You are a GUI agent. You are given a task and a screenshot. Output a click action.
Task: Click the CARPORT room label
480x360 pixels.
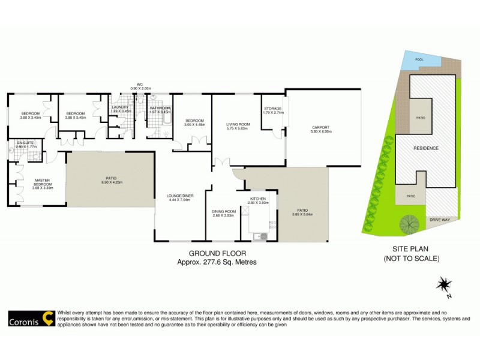coord(320,127)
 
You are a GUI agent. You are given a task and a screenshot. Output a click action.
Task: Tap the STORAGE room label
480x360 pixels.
coord(273,109)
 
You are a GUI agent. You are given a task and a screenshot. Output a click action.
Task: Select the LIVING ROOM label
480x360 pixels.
coord(238,124)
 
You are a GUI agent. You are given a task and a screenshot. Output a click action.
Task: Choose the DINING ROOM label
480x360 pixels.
coord(223,211)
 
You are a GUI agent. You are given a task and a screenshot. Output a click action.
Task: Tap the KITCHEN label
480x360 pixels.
coord(259,199)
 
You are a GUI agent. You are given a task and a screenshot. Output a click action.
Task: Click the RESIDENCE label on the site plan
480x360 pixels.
coord(425,148)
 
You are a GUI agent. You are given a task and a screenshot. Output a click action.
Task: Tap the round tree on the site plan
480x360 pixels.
coord(410,223)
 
